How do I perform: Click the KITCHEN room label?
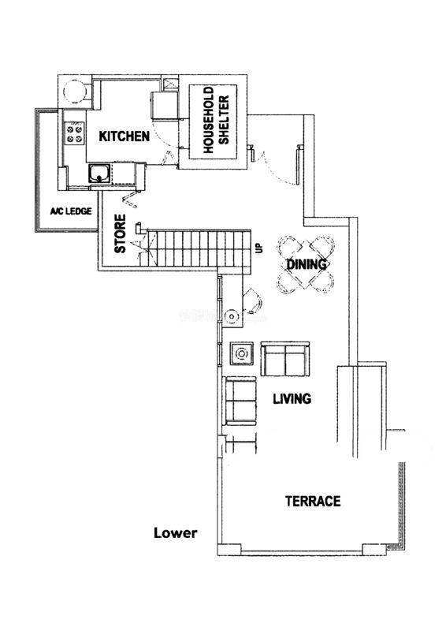pyautogui.click(x=125, y=136)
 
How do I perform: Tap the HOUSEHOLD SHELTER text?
pyautogui.click(x=216, y=120)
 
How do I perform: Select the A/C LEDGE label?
pyautogui.click(x=71, y=211)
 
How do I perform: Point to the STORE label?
pyautogui.click(x=120, y=233)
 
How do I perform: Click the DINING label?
pyautogui.click(x=306, y=264)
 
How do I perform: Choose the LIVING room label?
pyautogui.click(x=292, y=398)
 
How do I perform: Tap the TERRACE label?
pyautogui.click(x=313, y=501)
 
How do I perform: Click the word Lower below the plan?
pyautogui.click(x=176, y=533)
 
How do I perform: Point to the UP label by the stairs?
pyautogui.click(x=259, y=248)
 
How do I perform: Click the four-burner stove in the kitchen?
pyautogui.click(x=75, y=133)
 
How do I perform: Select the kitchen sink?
pyautogui.click(x=99, y=174)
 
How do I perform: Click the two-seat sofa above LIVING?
pyautogui.click(x=285, y=359)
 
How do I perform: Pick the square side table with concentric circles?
pyautogui.click(x=241, y=353)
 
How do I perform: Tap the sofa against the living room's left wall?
pyautogui.click(x=241, y=401)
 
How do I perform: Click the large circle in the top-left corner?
pyautogui.click(x=75, y=91)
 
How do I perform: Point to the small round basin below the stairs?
pyautogui.click(x=232, y=315)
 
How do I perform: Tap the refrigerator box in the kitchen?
pyautogui.click(x=164, y=106)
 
